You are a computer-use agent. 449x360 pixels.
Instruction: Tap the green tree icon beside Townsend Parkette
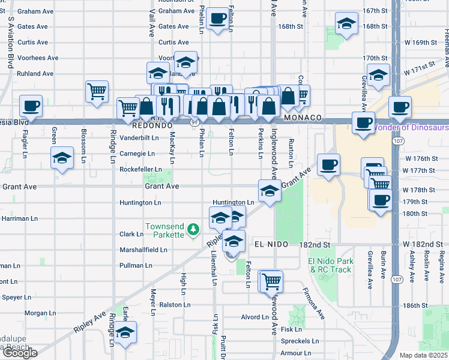193,229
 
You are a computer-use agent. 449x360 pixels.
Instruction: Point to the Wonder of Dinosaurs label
411,127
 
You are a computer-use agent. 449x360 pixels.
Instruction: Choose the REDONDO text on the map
153,127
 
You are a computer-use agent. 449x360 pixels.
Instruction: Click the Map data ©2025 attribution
424,355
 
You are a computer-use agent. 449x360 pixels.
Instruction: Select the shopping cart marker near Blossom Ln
97,91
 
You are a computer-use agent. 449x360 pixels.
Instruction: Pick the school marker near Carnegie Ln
62,158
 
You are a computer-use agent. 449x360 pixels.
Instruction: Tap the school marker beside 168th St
346,24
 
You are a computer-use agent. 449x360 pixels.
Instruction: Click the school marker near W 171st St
379,74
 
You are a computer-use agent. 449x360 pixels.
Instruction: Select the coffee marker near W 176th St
328,164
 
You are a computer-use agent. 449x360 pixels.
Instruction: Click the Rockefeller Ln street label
141,170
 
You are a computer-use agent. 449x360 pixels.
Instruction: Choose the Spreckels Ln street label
300,341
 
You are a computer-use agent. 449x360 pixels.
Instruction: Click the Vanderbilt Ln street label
139,137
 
